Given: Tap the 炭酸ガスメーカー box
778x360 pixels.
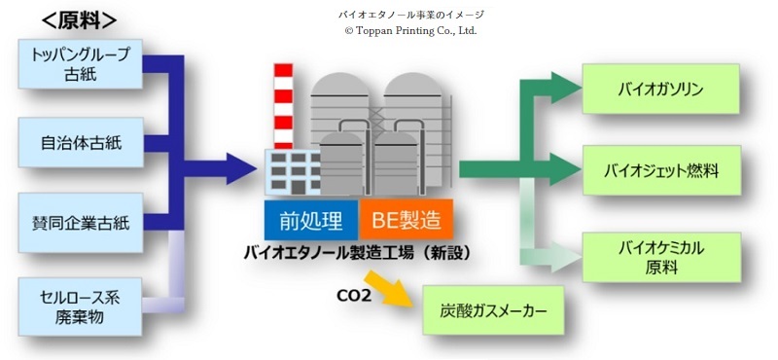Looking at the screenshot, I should (x=494, y=312).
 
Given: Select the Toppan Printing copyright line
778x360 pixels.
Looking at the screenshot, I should (x=409, y=30).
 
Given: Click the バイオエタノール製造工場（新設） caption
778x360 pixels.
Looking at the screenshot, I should (x=357, y=252).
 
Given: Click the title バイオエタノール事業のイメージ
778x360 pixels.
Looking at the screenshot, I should (x=409, y=15).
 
